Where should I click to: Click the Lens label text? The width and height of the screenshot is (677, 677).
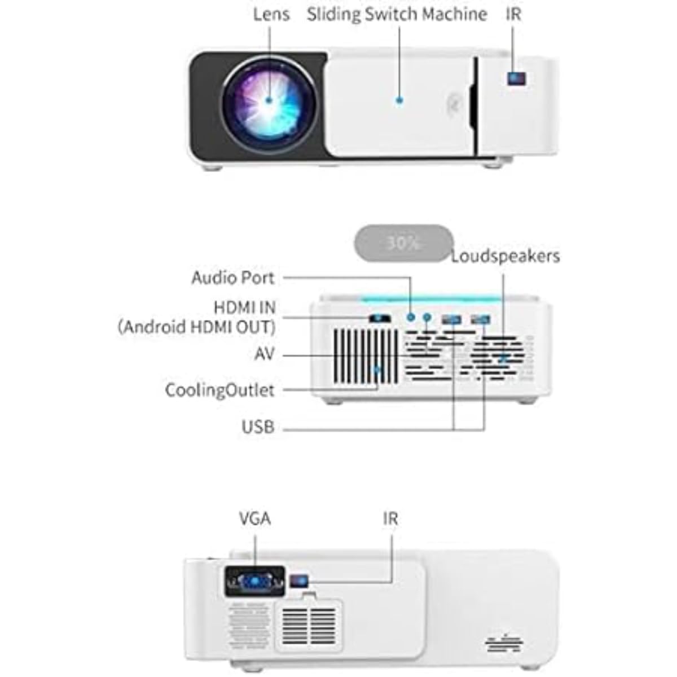(x=271, y=14)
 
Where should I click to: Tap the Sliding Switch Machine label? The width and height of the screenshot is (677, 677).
(x=397, y=14)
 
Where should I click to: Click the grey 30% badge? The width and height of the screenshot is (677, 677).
(x=403, y=243)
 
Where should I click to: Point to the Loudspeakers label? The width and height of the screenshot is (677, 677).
(x=505, y=256)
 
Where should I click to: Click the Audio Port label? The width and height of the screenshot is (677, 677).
(x=232, y=278)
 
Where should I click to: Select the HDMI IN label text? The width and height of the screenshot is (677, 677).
(x=244, y=307)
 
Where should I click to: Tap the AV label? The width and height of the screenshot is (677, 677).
(x=264, y=354)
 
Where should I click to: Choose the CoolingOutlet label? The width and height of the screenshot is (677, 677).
(x=219, y=390)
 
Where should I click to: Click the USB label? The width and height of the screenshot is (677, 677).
(x=258, y=427)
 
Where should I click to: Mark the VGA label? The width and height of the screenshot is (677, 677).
(x=254, y=518)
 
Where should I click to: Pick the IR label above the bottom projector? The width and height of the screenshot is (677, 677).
(x=390, y=518)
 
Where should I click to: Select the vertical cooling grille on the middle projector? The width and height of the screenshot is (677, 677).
(x=367, y=355)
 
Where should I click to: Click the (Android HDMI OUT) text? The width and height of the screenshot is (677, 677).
(x=196, y=327)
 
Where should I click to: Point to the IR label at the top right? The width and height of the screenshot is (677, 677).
(x=513, y=14)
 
